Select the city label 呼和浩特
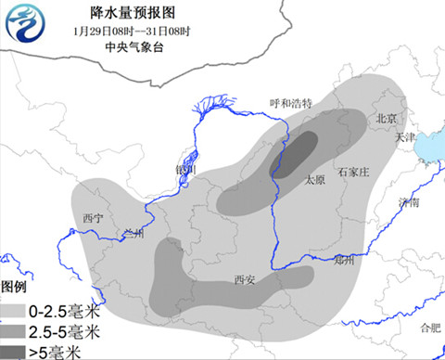tap(291, 103)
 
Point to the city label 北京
tap(386, 119)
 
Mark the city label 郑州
tap(344, 261)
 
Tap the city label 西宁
tap(92, 217)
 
